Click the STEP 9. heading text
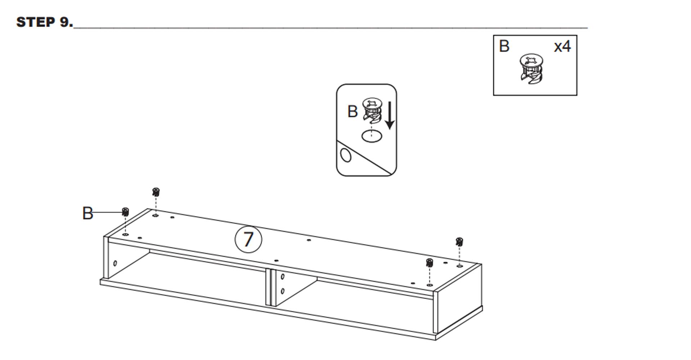point(45,22)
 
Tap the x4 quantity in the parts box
point(562,47)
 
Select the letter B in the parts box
point(504,46)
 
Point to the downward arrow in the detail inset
point(389,115)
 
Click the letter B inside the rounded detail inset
point(352,112)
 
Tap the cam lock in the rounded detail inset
point(372,110)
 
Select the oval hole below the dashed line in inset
point(372,136)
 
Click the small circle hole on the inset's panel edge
point(345,155)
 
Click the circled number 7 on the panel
point(248,239)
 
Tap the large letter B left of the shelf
point(87,213)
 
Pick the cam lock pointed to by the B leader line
point(125,212)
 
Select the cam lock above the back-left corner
point(156,192)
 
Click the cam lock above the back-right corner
point(459,242)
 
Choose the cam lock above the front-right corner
point(429,263)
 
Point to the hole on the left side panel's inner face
point(115,263)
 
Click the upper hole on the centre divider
point(283,277)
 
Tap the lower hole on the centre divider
point(283,291)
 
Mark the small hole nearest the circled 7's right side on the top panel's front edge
point(276,261)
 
